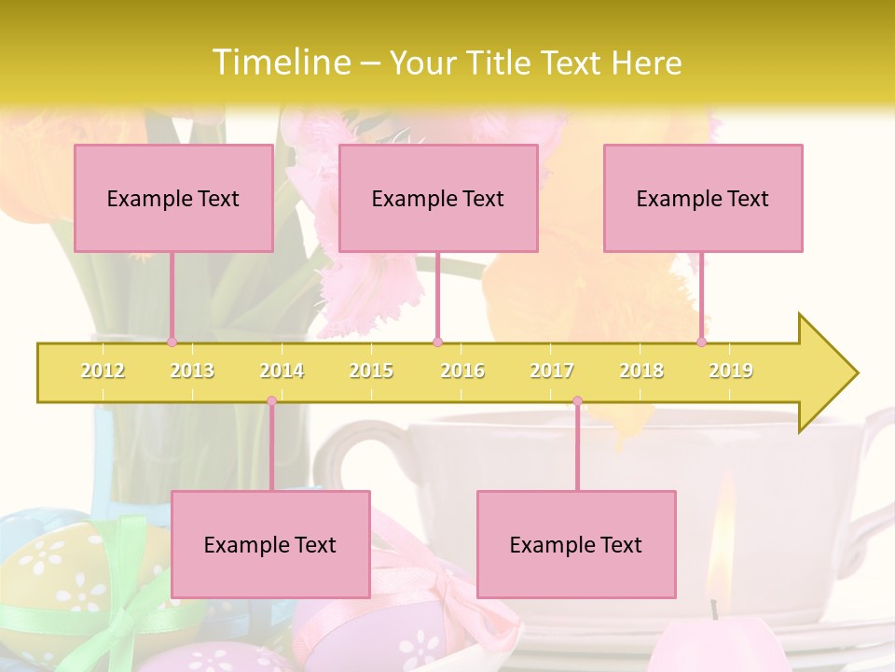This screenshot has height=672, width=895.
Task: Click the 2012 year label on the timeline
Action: click(x=103, y=371)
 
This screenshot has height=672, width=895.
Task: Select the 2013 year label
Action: click(x=192, y=371)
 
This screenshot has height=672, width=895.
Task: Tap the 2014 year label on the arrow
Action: click(x=282, y=371)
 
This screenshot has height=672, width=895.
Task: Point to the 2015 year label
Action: click(x=371, y=371)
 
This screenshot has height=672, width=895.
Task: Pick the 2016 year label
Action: click(x=462, y=371)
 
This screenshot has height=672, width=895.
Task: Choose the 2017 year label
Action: click(x=552, y=371)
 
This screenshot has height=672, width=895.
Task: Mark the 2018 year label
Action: click(x=641, y=371)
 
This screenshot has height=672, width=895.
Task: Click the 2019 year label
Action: click(x=731, y=371)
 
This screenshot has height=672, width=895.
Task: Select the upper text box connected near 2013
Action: click(x=173, y=198)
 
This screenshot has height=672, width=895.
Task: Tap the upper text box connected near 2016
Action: click(x=438, y=198)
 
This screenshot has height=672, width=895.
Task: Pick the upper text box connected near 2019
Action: click(x=703, y=198)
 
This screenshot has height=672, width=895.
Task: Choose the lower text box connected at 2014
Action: click(x=270, y=544)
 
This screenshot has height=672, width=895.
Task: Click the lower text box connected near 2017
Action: click(x=576, y=544)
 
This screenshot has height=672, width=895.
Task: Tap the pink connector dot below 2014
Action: click(x=271, y=401)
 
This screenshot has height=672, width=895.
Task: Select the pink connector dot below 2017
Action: click(x=577, y=401)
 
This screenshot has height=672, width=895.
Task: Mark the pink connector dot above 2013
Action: click(x=172, y=342)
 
